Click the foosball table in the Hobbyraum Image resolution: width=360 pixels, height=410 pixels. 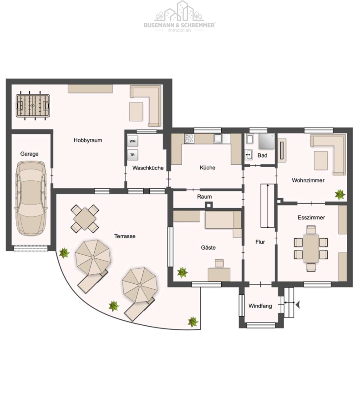click(33, 106)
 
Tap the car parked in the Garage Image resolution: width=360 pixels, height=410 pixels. click(31, 199)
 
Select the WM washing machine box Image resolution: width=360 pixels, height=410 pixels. click(132, 141)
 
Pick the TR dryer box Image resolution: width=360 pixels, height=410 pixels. click(132, 155)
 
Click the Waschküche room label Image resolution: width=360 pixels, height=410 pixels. click(148, 168)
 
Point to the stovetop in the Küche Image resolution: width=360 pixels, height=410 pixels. click(189, 138)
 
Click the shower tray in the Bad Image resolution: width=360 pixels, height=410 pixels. click(266, 142)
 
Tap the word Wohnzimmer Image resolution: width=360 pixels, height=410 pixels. click(308, 180)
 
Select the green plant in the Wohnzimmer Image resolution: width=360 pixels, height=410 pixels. click(340, 195)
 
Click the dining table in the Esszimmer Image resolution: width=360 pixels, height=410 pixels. click(311, 248)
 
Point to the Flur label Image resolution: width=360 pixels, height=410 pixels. click(260, 242)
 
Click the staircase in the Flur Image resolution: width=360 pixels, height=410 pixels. click(268, 205)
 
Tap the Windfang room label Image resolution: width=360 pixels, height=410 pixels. click(260, 306)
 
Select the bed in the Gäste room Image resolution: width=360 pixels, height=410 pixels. click(223, 220)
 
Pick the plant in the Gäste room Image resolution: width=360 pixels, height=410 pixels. click(183, 272)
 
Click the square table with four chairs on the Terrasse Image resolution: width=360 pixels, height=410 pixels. click(85, 218)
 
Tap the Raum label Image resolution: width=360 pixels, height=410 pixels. click(204, 196)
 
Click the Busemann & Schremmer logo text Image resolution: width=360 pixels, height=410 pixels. click(179, 25)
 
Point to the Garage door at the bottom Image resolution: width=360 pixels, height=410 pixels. click(31, 248)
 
